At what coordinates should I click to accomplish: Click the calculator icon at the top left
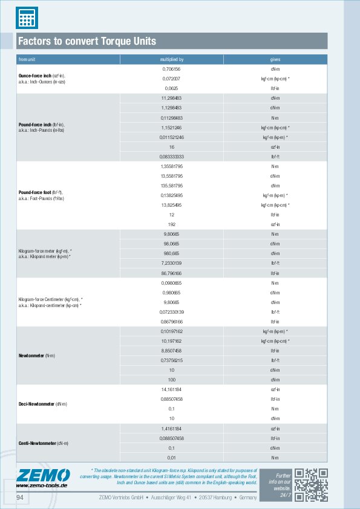coord(25,16)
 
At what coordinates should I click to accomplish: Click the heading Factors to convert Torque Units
coord(87,41)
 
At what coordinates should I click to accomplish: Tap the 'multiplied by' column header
coord(172,60)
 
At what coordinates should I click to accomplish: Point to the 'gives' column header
coord(275,60)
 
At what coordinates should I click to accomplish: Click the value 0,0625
coord(172,88)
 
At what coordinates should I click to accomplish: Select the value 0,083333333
coord(172,156)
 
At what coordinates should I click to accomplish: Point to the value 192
coord(172,224)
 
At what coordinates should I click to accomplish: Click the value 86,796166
coord(172,273)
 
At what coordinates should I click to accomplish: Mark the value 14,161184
coord(172,389)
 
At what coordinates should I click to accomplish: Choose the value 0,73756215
coord(172,360)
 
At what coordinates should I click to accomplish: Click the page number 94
coord(19,497)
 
